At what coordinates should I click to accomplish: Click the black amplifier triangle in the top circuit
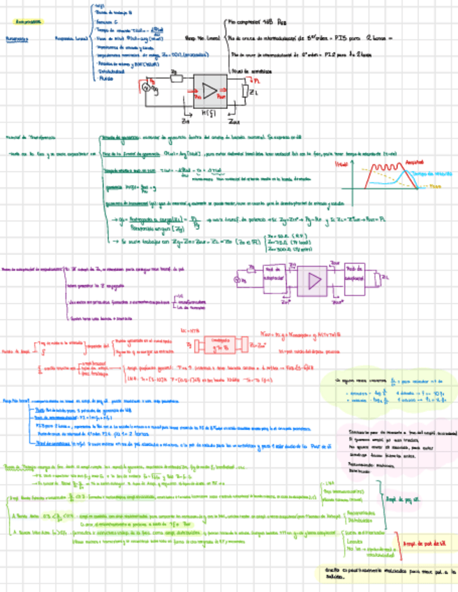(x=210, y=90)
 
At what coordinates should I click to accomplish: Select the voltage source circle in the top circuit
(x=147, y=88)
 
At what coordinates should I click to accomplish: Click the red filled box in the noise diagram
(x=221, y=345)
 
